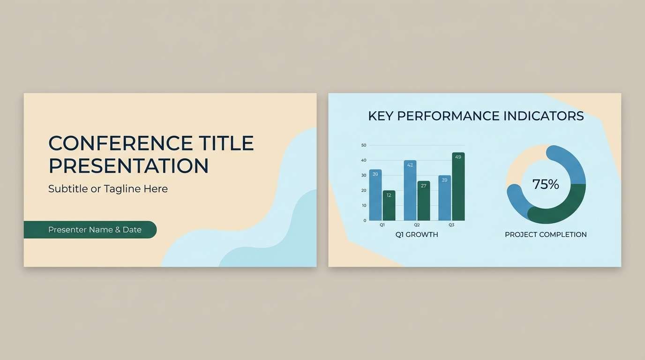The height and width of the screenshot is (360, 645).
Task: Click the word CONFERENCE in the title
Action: coord(120,143)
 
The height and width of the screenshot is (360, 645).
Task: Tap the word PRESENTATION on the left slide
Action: coord(128,166)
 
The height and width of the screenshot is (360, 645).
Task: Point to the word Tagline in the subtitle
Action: coord(122,189)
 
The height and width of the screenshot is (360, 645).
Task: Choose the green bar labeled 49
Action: coord(458,187)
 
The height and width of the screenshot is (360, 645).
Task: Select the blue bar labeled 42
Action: coord(410,191)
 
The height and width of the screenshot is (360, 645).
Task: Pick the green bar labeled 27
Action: coord(424,202)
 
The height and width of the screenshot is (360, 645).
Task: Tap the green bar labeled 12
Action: coord(389,206)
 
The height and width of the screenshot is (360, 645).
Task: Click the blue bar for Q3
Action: coord(444,199)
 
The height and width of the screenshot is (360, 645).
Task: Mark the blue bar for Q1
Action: coord(375,196)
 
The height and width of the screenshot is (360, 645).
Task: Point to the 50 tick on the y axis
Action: coord(364,145)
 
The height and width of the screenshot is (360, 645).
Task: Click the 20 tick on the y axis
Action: coord(364,190)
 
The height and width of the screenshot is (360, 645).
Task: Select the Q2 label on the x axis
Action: coord(417,225)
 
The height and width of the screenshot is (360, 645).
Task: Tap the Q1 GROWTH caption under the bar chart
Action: coord(417,234)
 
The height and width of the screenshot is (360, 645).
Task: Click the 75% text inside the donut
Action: coord(546,184)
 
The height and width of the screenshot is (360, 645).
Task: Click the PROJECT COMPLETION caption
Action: coord(546,234)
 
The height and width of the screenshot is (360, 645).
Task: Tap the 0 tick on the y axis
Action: coord(365,220)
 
